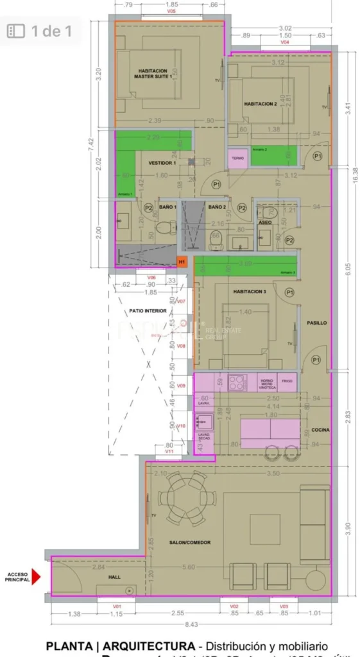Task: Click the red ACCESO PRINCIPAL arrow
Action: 36,577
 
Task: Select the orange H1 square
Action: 182,262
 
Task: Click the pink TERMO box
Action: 237,158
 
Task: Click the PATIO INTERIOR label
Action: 148,311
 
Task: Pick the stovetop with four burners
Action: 237,382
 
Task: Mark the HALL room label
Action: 114,577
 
